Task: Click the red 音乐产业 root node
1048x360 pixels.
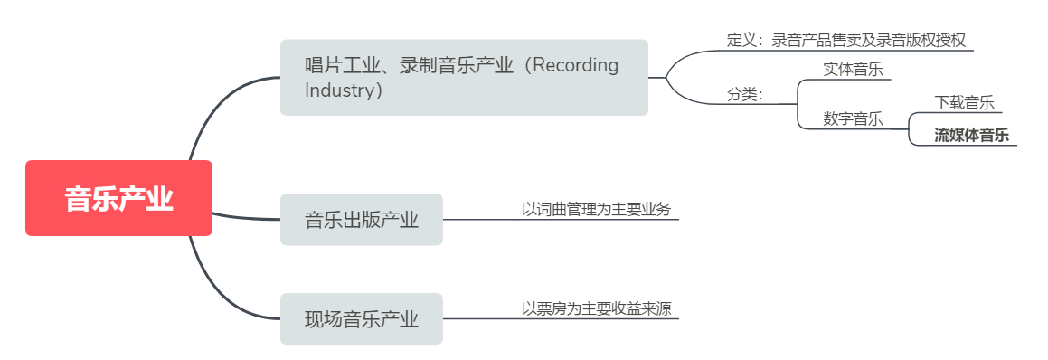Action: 118,198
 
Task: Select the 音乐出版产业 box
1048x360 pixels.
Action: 361,219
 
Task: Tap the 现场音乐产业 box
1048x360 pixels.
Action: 361,318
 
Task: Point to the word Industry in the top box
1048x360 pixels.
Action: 338,90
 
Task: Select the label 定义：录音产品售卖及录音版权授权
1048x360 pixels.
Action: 846,40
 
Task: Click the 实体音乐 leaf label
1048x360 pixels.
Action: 853,69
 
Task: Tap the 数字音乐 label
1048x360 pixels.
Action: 853,118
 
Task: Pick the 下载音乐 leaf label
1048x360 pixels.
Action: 964,103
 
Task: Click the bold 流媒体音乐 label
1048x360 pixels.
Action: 971,136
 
